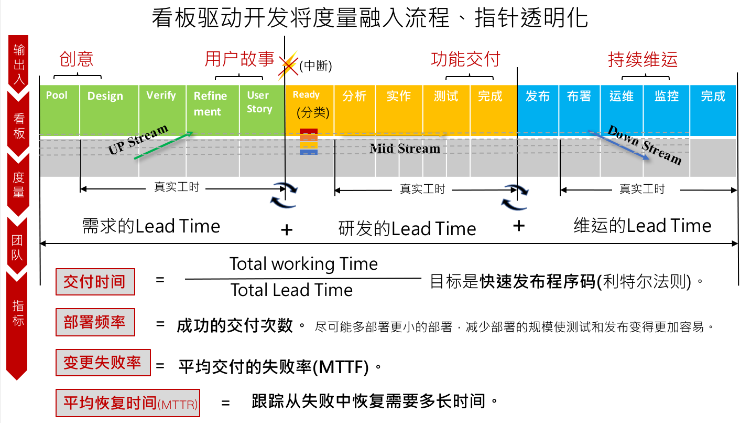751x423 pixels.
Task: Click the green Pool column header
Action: tap(57, 96)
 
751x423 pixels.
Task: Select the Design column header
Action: tap(105, 96)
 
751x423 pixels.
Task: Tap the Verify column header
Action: tap(161, 96)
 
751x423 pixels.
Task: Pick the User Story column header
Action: tap(260, 102)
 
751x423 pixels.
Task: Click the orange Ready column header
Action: tap(306, 95)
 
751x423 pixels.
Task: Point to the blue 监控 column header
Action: tap(666, 97)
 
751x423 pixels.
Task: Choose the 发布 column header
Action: tap(537, 97)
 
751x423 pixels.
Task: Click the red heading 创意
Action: tap(77, 59)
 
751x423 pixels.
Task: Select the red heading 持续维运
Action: tap(643, 59)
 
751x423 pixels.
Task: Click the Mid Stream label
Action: tap(405, 149)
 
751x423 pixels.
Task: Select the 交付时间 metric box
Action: tap(95, 282)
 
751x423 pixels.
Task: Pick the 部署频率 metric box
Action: tap(95, 322)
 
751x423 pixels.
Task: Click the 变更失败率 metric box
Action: tap(103, 363)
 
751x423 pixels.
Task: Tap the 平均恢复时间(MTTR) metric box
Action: tap(128, 403)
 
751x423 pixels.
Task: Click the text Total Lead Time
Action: tap(291, 290)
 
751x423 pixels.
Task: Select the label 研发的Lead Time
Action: tap(407, 229)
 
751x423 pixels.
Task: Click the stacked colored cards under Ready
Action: tap(309, 142)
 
